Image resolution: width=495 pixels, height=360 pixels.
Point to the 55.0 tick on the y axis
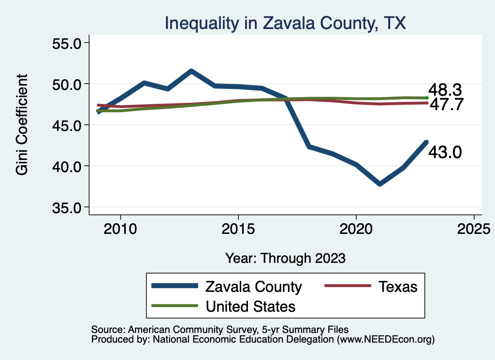pos(66,43)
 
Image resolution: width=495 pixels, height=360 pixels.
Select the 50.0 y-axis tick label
pos(66,84)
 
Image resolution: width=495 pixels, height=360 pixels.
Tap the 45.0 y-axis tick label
pos(66,125)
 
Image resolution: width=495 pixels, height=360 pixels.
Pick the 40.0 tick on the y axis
pos(66,166)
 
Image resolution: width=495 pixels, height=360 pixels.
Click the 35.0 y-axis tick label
pos(66,207)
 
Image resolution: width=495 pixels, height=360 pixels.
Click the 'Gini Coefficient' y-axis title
pos(22,125)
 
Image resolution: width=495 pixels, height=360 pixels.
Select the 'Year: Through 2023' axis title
pos(286,258)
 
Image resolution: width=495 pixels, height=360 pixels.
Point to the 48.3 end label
pos(445,90)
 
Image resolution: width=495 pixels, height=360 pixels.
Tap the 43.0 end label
pos(445,152)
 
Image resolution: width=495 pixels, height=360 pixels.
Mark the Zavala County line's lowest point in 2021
pos(380,184)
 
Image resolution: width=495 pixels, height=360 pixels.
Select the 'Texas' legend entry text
pos(397,287)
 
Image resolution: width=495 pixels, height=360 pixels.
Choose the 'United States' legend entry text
pos(250,306)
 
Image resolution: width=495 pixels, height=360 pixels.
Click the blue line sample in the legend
pos(175,286)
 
